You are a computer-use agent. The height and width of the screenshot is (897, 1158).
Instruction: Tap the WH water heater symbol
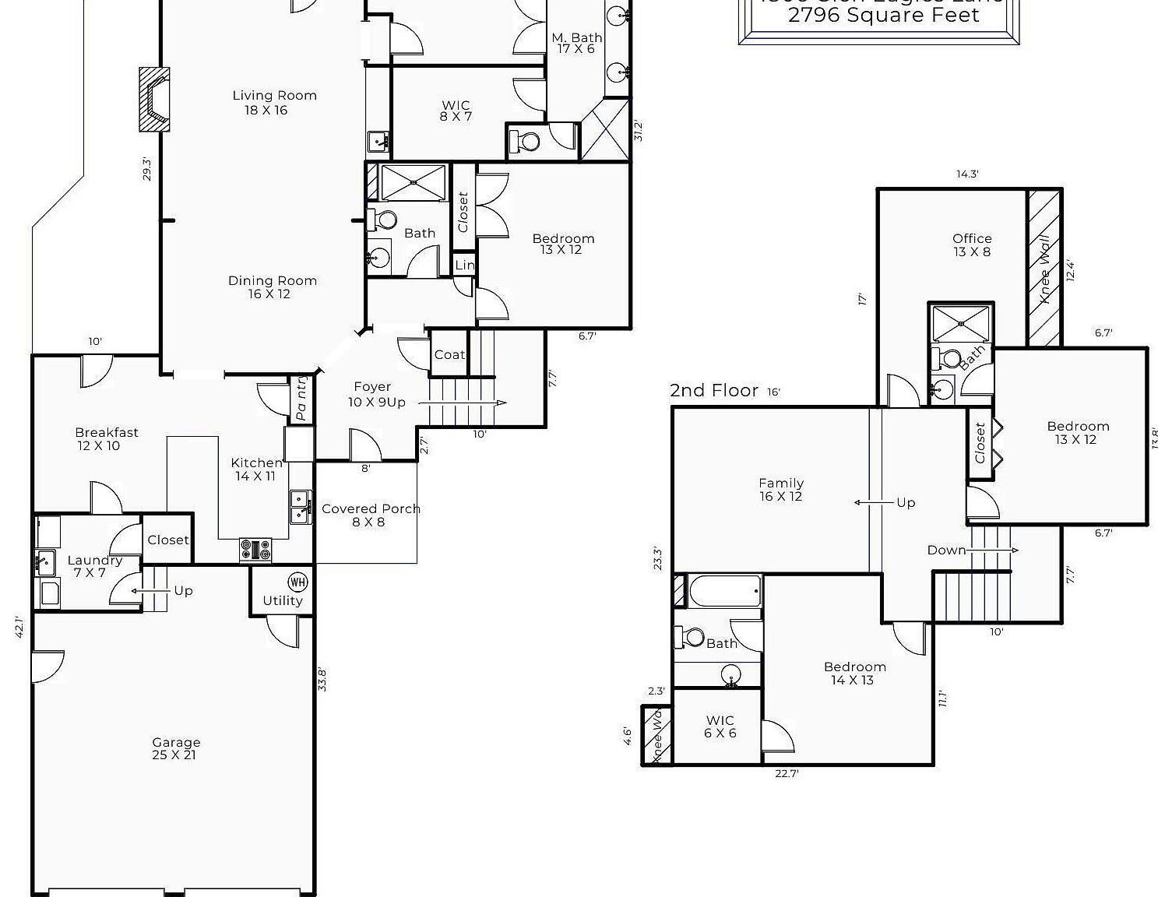[x=297, y=582]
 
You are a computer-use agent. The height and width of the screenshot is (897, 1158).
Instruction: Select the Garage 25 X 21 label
[x=176, y=748]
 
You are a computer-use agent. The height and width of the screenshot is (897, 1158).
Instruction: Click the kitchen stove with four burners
[x=255, y=550]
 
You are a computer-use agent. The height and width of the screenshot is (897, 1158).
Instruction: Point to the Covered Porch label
[x=370, y=515]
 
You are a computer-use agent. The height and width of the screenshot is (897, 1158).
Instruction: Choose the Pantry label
[x=301, y=399]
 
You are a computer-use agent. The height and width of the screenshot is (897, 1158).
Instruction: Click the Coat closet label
[x=449, y=354]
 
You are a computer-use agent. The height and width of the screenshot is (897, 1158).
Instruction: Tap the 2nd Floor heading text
[x=713, y=391]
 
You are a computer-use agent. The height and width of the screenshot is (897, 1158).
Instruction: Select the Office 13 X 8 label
[x=972, y=244]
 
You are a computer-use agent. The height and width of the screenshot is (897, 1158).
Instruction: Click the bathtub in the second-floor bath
[x=725, y=592]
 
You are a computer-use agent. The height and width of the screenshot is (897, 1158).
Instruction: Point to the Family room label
[x=781, y=490]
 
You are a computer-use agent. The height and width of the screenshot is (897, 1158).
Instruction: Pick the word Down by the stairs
[x=946, y=550]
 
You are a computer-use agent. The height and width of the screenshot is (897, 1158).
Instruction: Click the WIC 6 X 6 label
[x=720, y=726]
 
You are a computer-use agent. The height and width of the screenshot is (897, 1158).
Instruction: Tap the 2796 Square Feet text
[x=883, y=15]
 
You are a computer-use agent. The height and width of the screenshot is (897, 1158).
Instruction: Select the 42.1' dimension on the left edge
[x=19, y=627]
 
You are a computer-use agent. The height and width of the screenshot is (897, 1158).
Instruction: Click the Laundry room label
[x=94, y=566]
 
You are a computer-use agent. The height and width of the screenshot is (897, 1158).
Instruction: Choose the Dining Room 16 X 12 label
[x=272, y=287]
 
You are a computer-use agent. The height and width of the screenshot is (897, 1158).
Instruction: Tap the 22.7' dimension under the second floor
[x=787, y=773]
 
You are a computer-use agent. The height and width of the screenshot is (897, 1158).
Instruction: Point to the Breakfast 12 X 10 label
[x=106, y=438]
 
